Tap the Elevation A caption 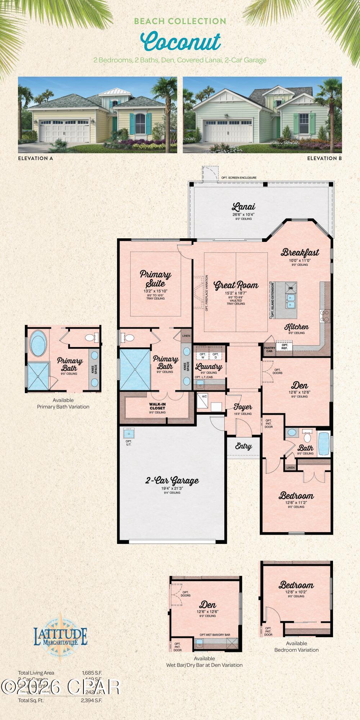click(35, 158)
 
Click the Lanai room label click(243, 207)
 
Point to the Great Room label click(236, 285)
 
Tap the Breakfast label click(300, 252)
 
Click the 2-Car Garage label click(172, 480)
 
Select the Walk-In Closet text click(157, 406)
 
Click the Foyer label click(243, 407)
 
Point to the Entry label click(243, 446)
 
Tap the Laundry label click(209, 367)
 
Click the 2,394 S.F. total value click(92, 700)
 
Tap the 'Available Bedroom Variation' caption click(296, 647)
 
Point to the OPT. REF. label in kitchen click(284, 346)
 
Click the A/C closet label click(204, 396)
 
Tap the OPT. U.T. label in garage click(129, 443)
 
